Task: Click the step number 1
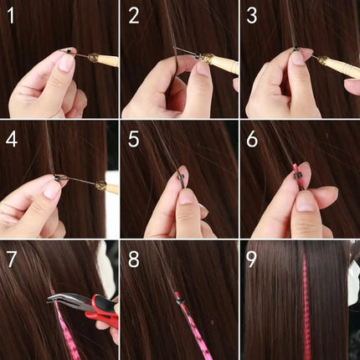coord(13,16)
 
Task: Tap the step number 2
coord(134,16)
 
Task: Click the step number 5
coord(134,139)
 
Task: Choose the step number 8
coord(134,259)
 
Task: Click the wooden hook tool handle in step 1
coord(105,60)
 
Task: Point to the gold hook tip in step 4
coord(100,186)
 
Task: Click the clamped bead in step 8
coord(177,297)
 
